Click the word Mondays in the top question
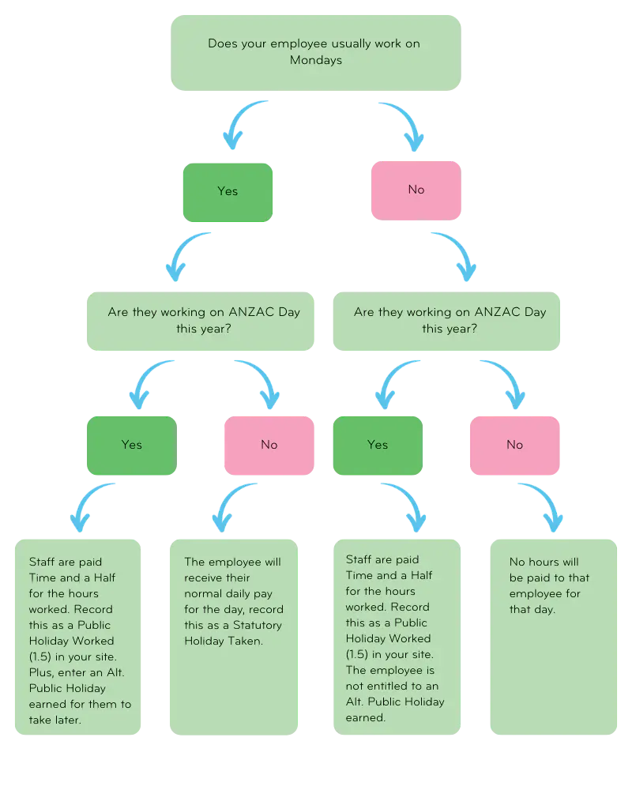click(315, 60)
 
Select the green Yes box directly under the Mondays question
click(228, 190)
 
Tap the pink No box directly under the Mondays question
click(416, 190)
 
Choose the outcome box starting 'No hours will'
click(552, 638)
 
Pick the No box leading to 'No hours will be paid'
click(514, 445)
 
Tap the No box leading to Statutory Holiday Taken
click(269, 445)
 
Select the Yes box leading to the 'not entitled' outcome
click(378, 445)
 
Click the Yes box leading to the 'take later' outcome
click(131, 445)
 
